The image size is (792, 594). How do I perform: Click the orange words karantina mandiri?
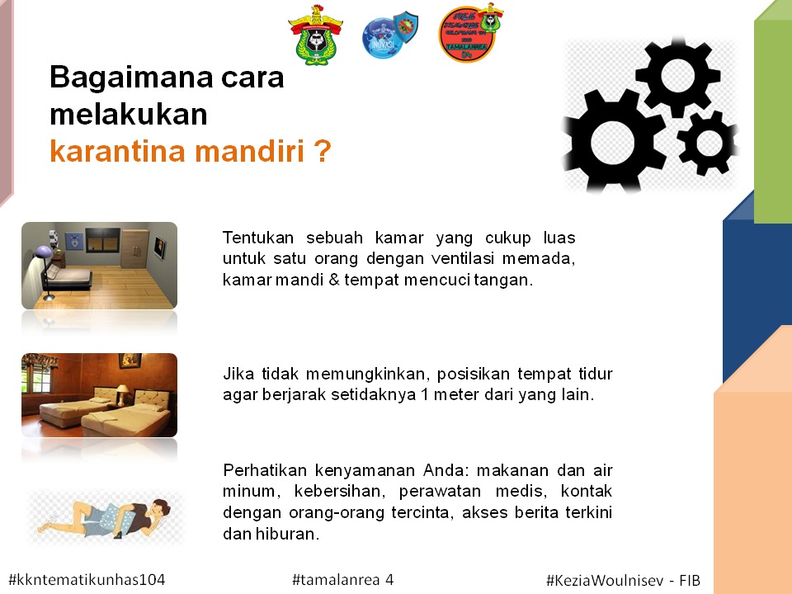[x=177, y=151]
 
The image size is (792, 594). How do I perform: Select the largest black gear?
[x=613, y=141]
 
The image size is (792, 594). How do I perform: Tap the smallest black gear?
[x=708, y=143]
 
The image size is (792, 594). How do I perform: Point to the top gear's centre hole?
[x=677, y=76]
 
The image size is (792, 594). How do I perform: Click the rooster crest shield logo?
[x=316, y=35]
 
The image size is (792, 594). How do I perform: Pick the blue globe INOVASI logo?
[x=389, y=35]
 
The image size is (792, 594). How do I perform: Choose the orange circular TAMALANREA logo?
[x=470, y=33]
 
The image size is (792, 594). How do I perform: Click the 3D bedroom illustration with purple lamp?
[x=100, y=266]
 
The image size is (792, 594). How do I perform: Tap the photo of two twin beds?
[x=100, y=395]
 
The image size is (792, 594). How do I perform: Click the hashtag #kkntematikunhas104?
[x=87, y=579]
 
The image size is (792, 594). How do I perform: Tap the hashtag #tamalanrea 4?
[x=343, y=579]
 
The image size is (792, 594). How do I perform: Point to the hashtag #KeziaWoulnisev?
[x=605, y=580]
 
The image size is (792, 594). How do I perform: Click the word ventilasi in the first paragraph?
[x=462, y=258]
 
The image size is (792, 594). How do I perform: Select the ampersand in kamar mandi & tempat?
[x=334, y=280]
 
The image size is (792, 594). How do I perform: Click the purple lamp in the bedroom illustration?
[x=44, y=252]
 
